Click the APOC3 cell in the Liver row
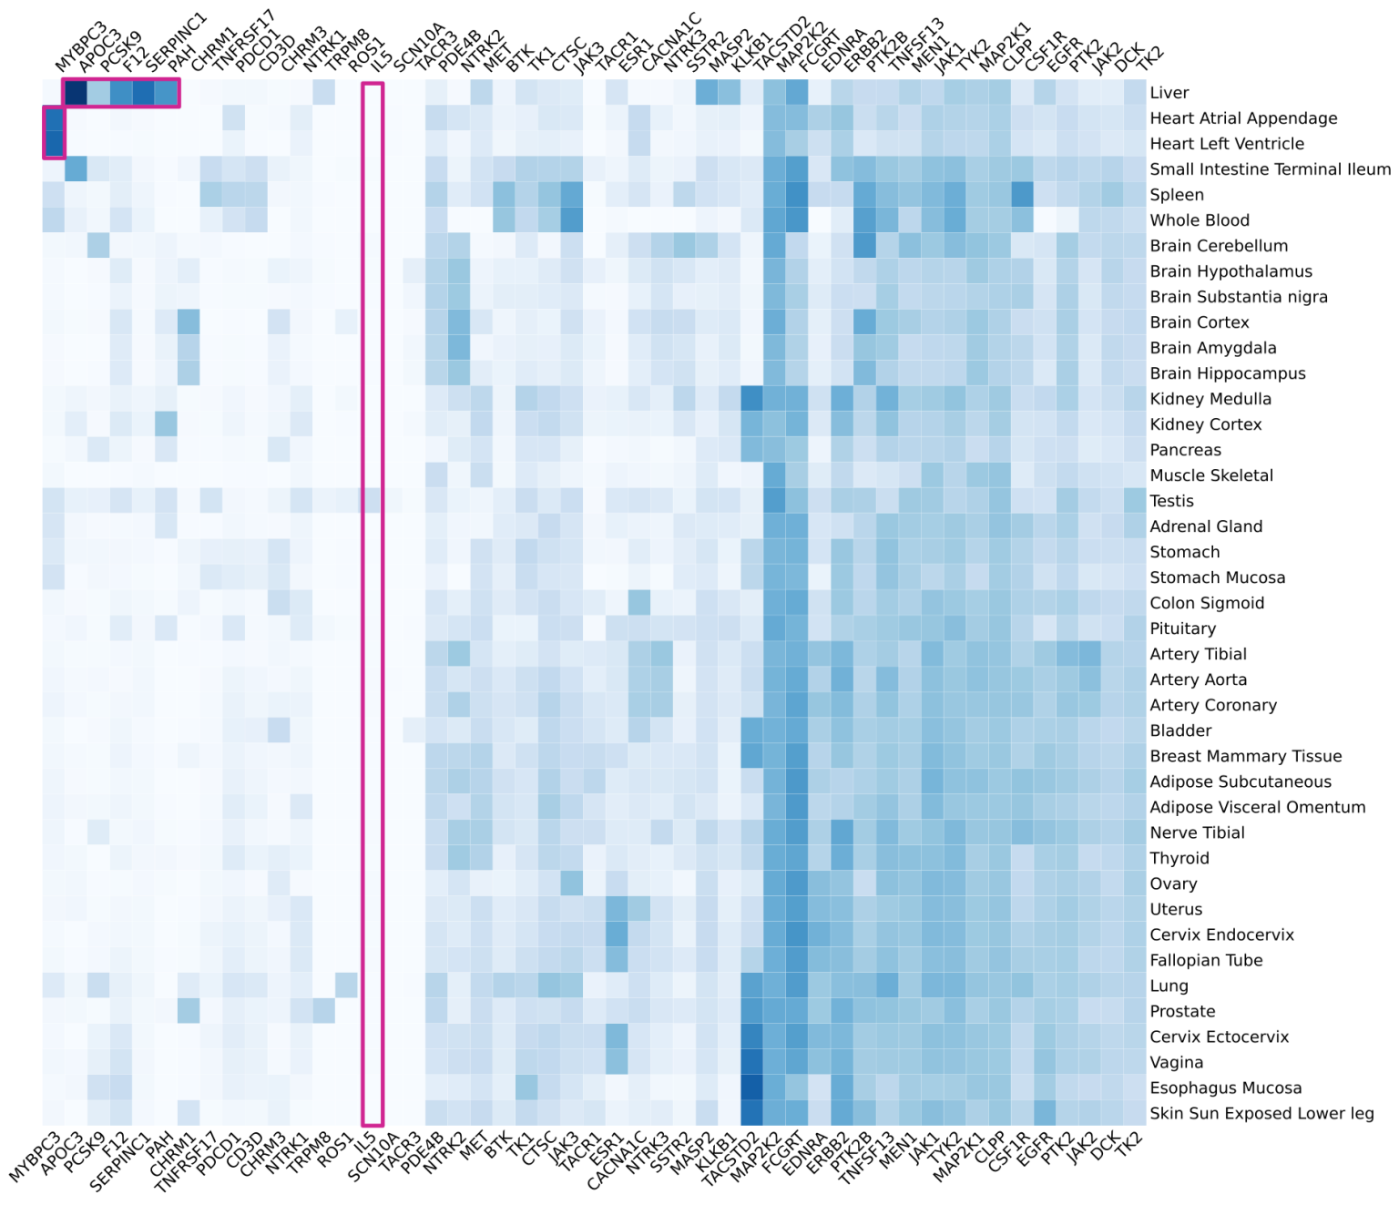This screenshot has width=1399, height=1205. click(76, 93)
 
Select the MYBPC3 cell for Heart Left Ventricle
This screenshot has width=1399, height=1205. click(54, 144)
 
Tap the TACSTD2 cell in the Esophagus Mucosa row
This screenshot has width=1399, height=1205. click(751, 1088)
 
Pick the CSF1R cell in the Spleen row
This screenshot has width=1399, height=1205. click(1022, 195)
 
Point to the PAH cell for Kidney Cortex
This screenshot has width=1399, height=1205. click(166, 424)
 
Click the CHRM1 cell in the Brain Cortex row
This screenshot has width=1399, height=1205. click(189, 322)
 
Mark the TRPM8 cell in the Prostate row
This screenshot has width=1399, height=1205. click(323, 1011)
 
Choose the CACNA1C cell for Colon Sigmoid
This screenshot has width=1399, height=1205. click(638, 603)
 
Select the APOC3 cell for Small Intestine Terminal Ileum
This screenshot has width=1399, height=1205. click(76, 169)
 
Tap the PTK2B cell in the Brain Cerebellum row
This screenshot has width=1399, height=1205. click(864, 246)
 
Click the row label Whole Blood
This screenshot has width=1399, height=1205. click(1200, 220)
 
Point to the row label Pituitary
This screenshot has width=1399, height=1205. click(1182, 628)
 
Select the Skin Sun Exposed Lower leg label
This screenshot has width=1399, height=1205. click(1261, 1114)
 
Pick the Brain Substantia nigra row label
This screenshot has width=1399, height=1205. click(1239, 297)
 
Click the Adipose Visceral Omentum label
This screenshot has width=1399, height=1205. click(1258, 807)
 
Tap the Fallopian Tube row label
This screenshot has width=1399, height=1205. click(1206, 961)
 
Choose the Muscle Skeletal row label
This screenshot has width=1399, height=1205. click(1211, 475)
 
